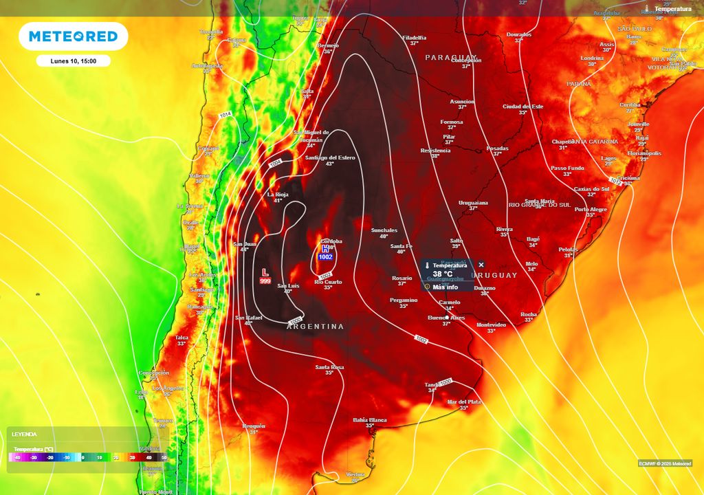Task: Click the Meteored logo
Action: click(x=73, y=36)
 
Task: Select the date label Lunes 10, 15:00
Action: click(x=73, y=61)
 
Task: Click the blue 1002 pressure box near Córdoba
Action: click(x=325, y=256)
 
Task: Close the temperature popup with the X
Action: click(x=481, y=265)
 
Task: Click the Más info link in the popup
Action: click(x=445, y=287)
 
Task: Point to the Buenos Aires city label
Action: click(x=447, y=318)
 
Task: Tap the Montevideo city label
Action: click(x=491, y=324)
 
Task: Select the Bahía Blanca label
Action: click(x=369, y=420)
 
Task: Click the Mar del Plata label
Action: click(x=463, y=401)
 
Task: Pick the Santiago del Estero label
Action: click(x=330, y=158)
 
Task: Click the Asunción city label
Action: click(x=462, y=101)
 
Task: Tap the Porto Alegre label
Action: click(x=591, y=209)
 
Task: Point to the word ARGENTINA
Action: click(x=315, y=327)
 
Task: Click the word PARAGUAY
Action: click(x=450, y=57)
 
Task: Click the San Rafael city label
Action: click(x=248, y=318)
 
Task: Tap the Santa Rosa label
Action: click(x=329, y=367)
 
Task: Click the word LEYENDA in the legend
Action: click(x=24, y=434)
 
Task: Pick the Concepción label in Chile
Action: click(x=154, y=372)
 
